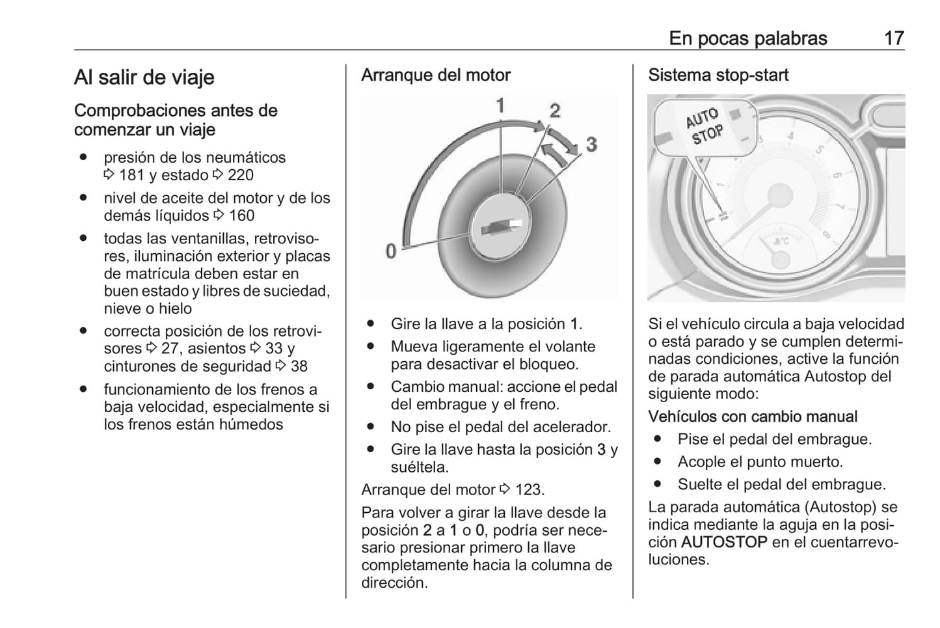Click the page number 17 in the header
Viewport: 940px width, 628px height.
click(x=893, y=38)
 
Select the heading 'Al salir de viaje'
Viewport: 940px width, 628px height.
click(x=144, y=77)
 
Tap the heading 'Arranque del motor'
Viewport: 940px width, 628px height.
click(x=435, y=75)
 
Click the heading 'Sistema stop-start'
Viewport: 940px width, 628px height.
click(x=718, y=75)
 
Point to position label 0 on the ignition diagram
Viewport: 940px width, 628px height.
click(x=390, y=251)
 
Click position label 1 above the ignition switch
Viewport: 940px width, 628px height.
click(x=500, y=105)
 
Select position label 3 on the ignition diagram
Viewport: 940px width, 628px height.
click(x=591, y=144)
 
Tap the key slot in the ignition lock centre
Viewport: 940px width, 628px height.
click(x=500, y=227)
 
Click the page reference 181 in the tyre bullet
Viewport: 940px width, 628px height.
click(x=131, y=175)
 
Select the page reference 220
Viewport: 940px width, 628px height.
click(x=240, y=175)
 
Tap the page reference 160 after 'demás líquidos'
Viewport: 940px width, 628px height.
click(x=241, y=215)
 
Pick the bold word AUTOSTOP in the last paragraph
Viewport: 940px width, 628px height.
click(x=723, y=542)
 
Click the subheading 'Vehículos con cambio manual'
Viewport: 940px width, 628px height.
click(x=752, y=416)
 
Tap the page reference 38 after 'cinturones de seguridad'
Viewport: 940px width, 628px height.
click(x=299, y=366)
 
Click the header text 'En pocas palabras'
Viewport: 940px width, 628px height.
click(x=747, y=38)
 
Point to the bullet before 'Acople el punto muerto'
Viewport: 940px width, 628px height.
click(x=657, y=462)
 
